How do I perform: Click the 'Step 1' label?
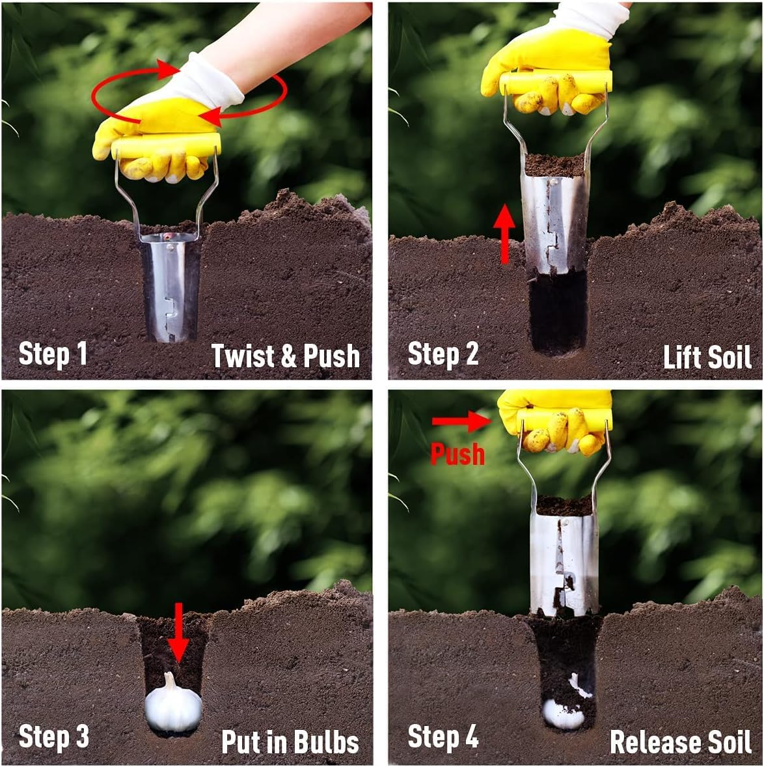[x=53, y=354]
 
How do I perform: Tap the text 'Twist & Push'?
[x=285, y=356]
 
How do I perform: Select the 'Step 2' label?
[x=443, y=354]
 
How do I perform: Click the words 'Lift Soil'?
[x=707, y=357]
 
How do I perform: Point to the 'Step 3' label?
[x=53, y=737]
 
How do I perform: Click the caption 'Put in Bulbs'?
[x=290, y=742]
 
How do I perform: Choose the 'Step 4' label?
[x=443, y=737]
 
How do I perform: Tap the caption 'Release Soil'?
[x=680, y=742]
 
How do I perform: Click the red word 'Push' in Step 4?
[x=457, y=454]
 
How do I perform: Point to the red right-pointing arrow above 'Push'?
[x=460, y=421]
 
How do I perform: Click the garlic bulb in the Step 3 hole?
[x=173, y=706]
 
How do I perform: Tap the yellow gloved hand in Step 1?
[x=156, y=143]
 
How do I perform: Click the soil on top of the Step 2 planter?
[x=555, y=165]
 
